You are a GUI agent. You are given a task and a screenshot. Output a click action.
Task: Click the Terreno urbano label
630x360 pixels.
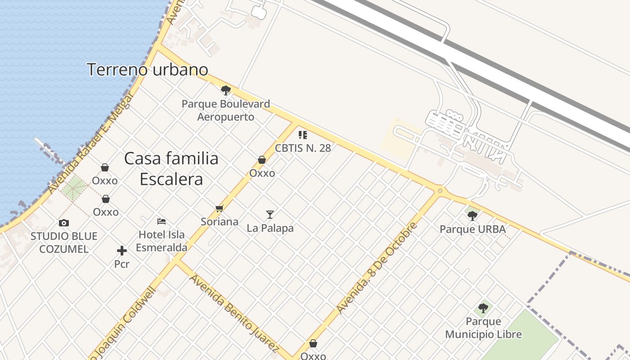click(x=147, y=70)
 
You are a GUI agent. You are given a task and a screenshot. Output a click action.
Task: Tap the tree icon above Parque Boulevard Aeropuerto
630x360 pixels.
click(x=226, y=91)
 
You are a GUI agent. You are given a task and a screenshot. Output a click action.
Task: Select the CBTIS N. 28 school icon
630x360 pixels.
click(x=303, y=135)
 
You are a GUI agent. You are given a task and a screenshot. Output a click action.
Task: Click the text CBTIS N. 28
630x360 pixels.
click(x=303, y=148)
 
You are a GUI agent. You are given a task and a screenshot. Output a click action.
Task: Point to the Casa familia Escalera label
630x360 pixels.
click(x=171, y=169)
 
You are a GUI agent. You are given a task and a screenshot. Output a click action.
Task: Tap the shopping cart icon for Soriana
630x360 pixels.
click(x=220, y=208)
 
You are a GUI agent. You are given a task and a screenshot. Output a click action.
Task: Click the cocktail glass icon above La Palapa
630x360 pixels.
click(x=270, y=214)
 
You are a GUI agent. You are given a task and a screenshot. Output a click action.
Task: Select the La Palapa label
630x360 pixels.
click(x=270, y=228)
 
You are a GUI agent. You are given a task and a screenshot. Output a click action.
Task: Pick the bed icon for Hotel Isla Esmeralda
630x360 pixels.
click(x=162, y=221)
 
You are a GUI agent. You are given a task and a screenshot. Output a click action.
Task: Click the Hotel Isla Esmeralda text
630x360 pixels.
click(x=162, y=241)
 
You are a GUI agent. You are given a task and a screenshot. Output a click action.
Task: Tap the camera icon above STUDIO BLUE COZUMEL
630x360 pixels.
click(x=64, y=223)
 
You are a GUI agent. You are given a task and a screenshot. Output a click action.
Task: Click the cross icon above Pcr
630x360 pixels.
click(x=121, y=251)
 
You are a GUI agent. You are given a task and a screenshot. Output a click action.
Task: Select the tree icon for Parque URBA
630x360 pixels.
click(x=472, y=216)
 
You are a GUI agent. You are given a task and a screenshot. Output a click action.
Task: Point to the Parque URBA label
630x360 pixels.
click(x=472, y=229)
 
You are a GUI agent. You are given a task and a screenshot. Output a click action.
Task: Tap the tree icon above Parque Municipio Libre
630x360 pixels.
click(x=483, y=308)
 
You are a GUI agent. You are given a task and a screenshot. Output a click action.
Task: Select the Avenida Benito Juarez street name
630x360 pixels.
click(x=234, y=312)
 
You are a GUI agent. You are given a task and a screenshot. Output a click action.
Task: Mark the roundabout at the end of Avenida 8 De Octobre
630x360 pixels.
click(x=440, y=191)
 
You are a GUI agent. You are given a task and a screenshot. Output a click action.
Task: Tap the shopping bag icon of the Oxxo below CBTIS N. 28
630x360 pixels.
click(x=262, y=160)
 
